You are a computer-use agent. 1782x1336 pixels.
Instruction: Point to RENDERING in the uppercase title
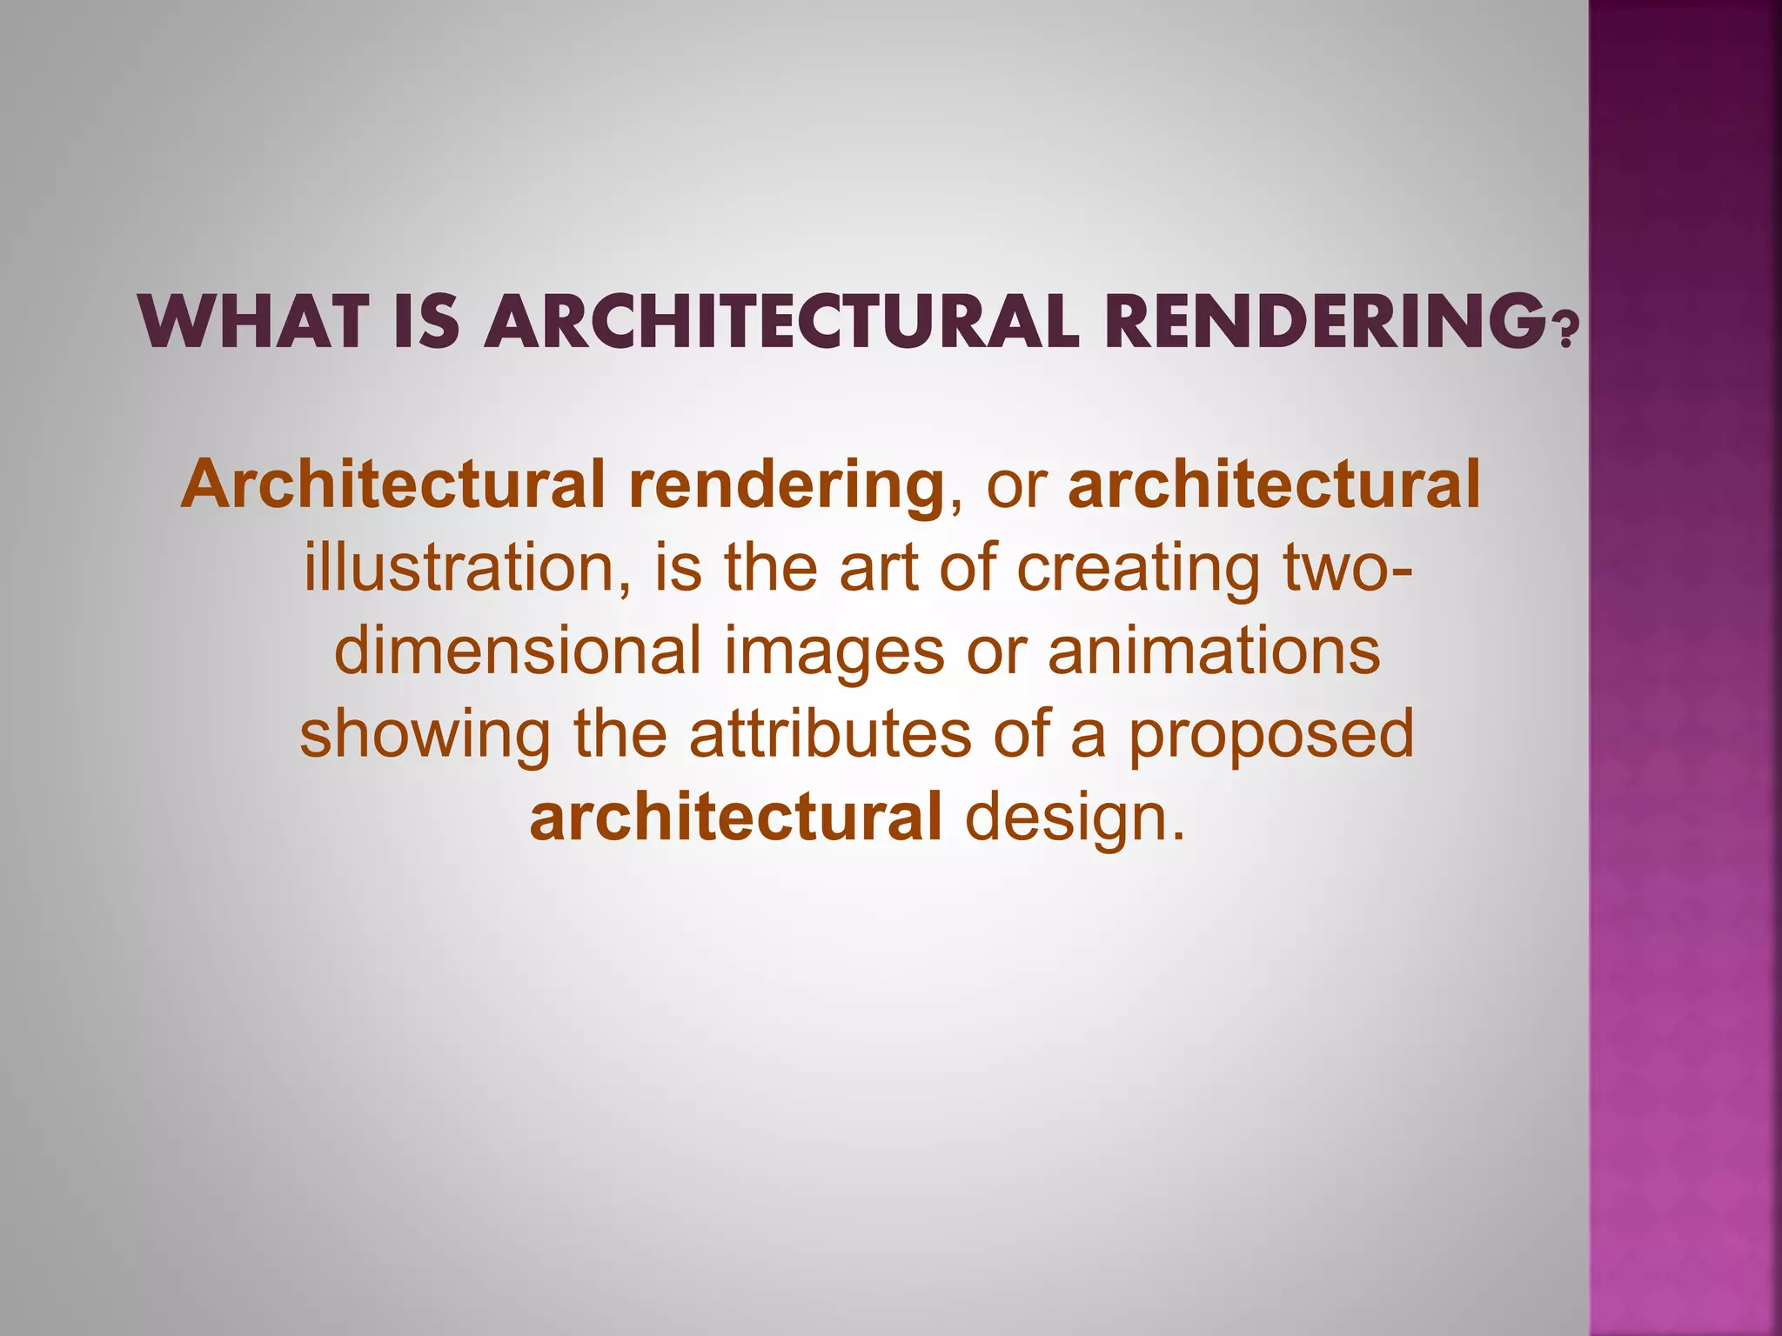tap(1323, 324)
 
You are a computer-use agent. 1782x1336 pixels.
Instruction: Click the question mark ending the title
tap(1564, 331)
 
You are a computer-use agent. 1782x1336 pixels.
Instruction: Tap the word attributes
tap(830, 734)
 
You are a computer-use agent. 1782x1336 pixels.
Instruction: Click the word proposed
tap(1271, 736)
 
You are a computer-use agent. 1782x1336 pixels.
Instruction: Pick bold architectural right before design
tap(735, 818)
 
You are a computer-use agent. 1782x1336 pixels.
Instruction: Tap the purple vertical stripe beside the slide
tap(1685, 668)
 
